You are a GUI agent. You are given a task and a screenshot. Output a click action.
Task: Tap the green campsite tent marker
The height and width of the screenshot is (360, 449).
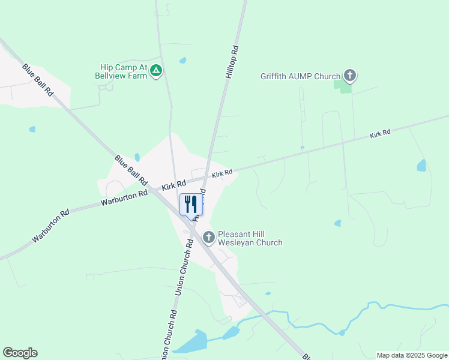(156, 71)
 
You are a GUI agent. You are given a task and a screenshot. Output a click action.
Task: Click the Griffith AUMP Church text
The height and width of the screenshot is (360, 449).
(300, 76)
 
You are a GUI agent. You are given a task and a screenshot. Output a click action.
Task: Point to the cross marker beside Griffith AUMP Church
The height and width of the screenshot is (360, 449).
(350, 76)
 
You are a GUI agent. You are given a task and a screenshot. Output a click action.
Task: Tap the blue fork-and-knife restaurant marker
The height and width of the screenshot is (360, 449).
(191, 205)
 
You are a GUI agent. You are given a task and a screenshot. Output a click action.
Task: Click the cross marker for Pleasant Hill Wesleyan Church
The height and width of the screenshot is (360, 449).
(209, 238)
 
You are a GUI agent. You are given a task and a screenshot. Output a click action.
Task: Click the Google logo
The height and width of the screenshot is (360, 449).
(20, 353)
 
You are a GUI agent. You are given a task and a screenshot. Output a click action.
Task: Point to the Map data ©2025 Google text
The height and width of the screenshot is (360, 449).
(412, 355)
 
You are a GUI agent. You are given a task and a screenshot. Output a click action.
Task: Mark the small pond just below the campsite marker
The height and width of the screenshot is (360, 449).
(182, 61)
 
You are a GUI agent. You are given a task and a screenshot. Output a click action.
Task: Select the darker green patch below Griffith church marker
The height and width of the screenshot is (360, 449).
(343, 86)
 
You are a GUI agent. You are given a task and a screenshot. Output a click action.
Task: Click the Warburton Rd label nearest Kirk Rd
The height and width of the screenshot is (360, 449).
(124, 198)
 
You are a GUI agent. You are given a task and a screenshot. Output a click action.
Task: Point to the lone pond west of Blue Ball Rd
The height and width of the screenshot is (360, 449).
(32, 129)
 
